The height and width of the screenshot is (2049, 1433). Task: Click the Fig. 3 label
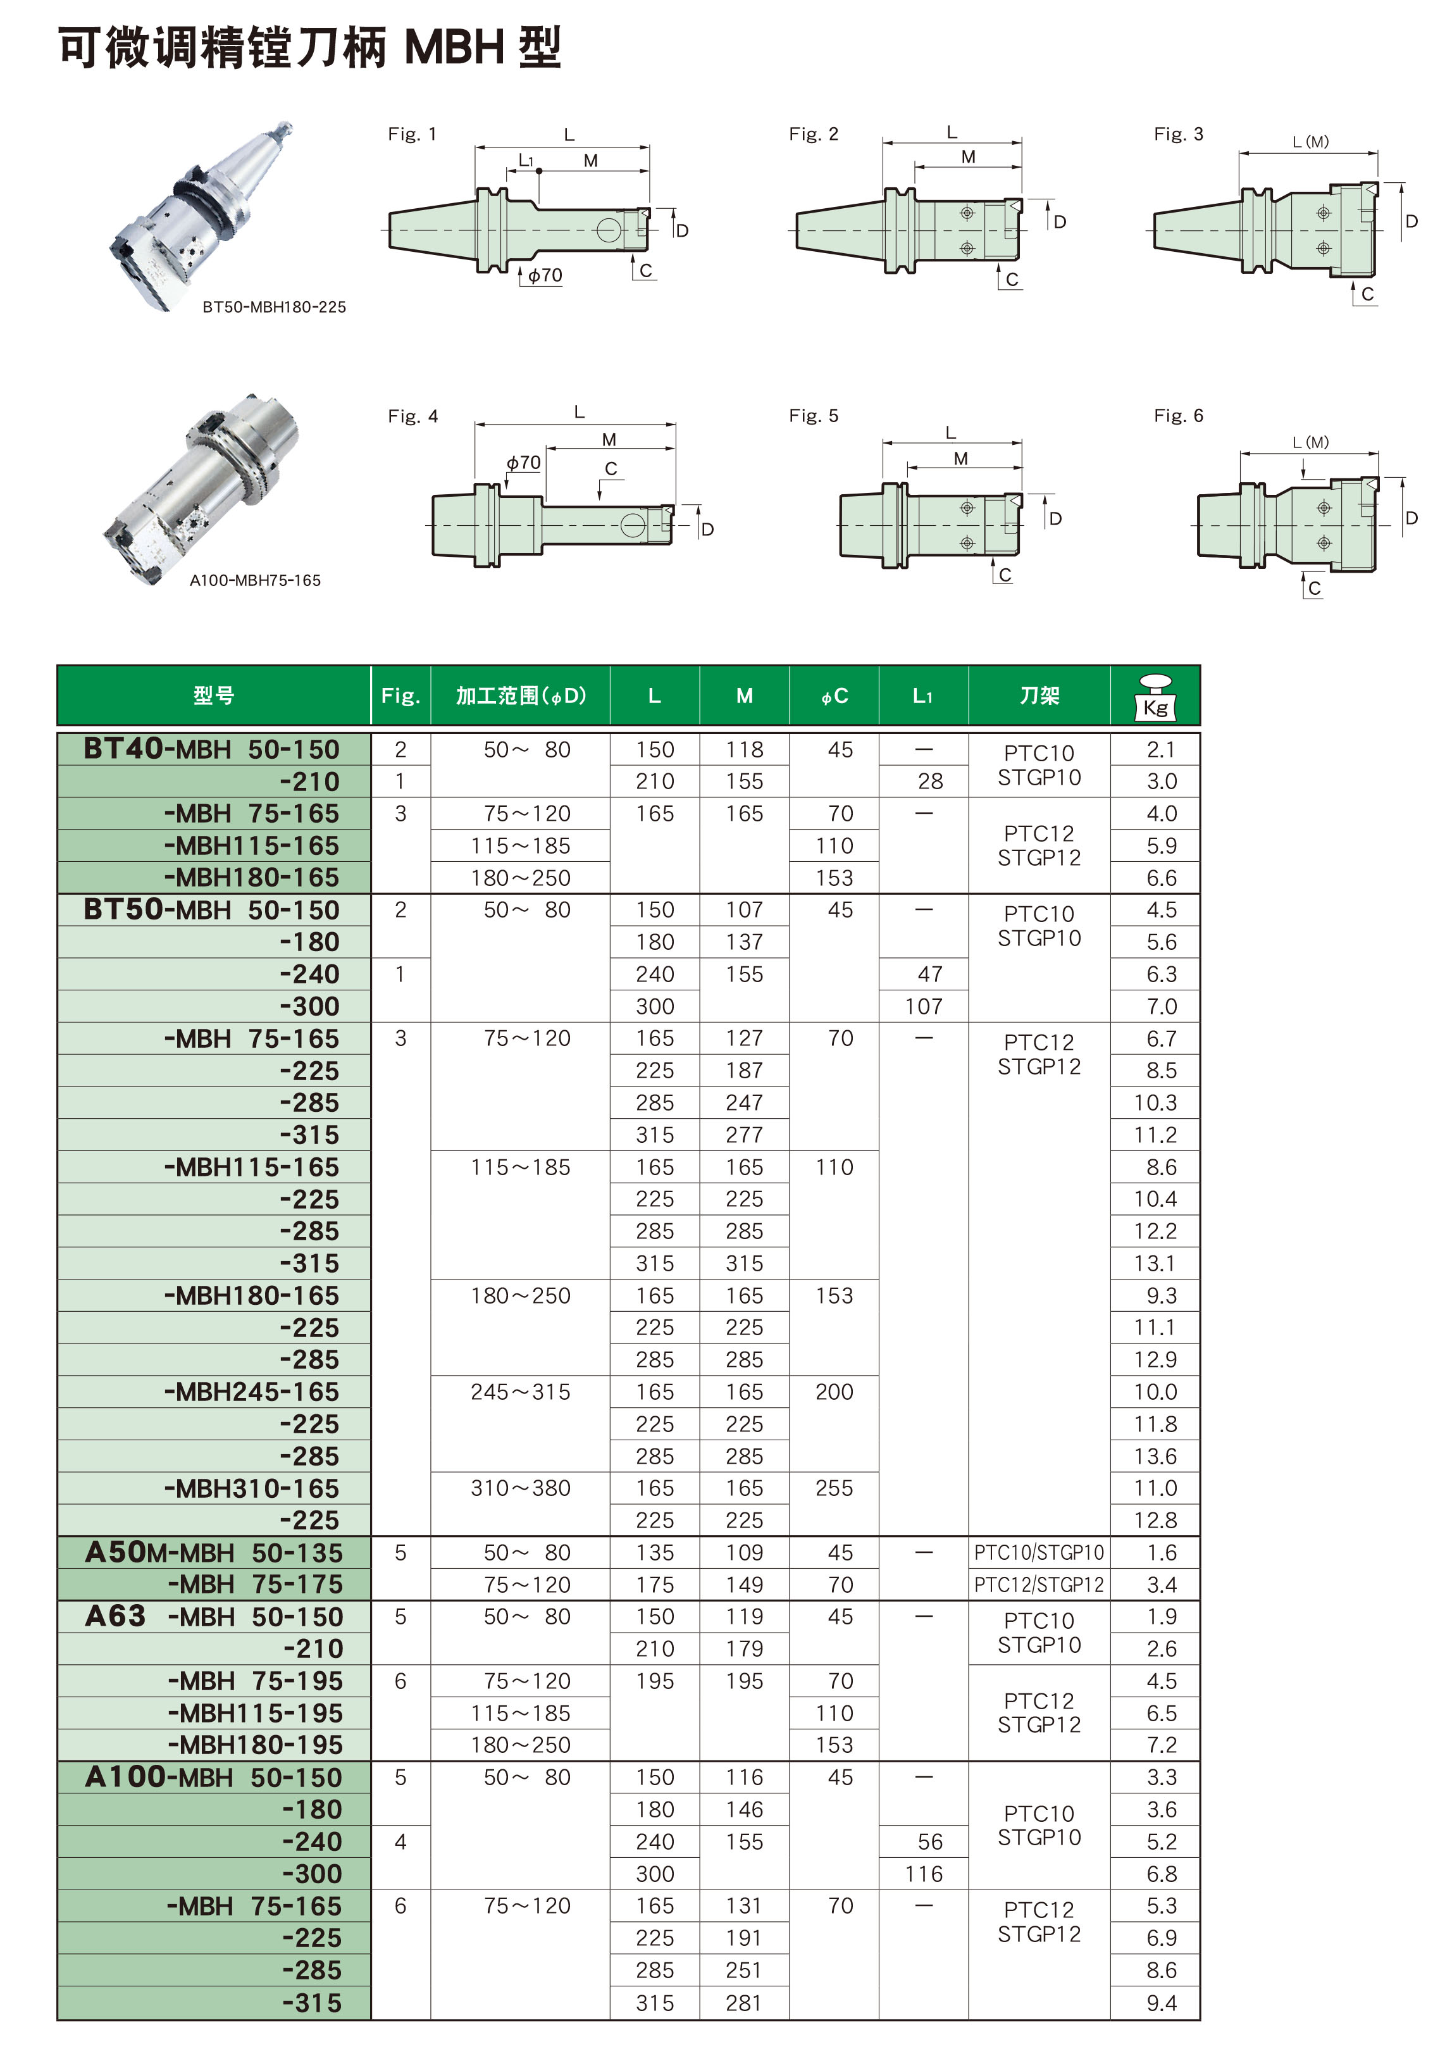[x=1178, y=134]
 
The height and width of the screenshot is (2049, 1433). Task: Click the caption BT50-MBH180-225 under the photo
[x=274, y=307]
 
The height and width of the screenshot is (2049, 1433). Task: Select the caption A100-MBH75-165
[x=255, y=580]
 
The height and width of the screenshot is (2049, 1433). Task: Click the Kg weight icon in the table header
[x=1155, y=696]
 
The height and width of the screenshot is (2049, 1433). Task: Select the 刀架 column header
[x=1039, y=695]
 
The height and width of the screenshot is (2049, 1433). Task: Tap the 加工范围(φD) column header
[x=520, y=695]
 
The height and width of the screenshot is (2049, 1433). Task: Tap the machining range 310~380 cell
[x=520, y=1488]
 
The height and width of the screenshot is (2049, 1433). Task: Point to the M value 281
[x=744, y=2003]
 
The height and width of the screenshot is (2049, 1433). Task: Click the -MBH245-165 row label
[x=252, y=1392]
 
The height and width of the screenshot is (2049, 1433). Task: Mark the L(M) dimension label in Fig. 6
[x=1310, y=442]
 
